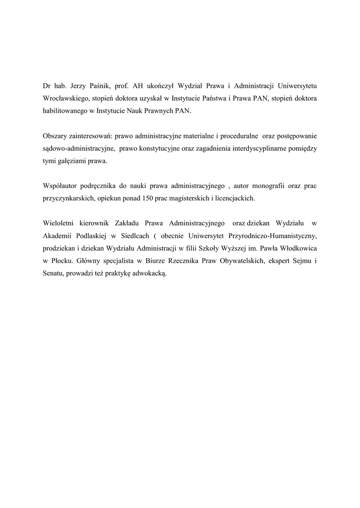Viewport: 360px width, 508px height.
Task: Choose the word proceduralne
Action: [x=236, y=135]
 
